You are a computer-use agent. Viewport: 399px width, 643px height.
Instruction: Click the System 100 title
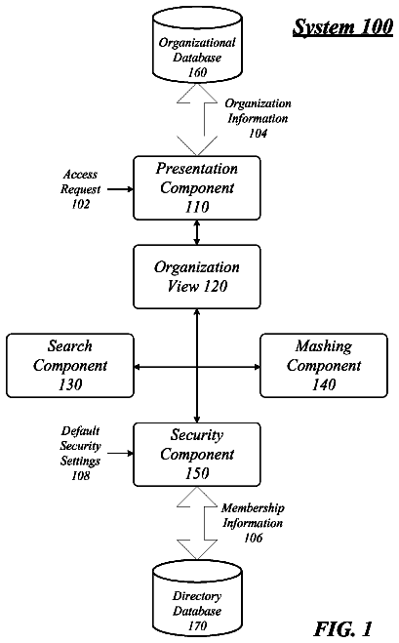coord(342,27)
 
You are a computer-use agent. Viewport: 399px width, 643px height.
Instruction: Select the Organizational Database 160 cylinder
coord(197,45)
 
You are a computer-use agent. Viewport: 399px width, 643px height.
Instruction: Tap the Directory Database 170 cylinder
coord(197,599)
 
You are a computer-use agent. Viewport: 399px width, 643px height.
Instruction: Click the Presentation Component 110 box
coord(197,187)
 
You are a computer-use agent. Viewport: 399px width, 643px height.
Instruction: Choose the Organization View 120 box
coord(197,277)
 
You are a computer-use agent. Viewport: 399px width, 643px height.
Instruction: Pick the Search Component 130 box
coord(70,365)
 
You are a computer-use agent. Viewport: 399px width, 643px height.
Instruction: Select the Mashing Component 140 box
coord(324,365)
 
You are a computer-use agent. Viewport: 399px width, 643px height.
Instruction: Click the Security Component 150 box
coord(197,455)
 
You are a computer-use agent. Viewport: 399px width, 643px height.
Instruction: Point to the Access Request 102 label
coord(80,189)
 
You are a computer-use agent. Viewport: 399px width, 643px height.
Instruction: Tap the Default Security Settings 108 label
coord(80,453)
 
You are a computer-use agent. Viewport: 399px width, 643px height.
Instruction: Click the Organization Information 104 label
coord(258,118)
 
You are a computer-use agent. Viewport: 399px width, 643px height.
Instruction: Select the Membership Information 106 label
coord(253,523)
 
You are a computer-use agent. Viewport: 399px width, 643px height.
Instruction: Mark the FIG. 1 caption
coord(343,628)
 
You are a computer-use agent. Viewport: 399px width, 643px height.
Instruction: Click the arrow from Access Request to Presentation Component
coord(121,189)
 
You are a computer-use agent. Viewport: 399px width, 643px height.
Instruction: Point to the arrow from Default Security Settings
coord(121,453)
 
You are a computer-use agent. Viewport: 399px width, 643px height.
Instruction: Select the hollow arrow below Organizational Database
coord(197,120)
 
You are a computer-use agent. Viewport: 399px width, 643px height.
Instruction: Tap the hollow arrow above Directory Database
coord(197,523)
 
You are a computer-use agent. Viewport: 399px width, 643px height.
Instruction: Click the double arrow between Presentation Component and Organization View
coord(197,232)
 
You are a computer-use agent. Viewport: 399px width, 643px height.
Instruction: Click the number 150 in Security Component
coord(197,473)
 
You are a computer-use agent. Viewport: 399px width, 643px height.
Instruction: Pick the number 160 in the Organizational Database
coord(197,72)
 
